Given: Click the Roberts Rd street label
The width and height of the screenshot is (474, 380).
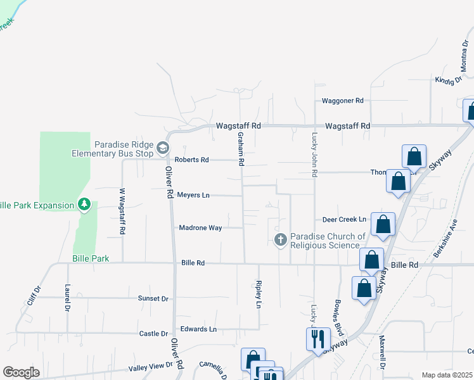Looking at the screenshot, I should (x=192, y=160).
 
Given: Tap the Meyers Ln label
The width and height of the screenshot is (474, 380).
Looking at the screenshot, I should (x=193, y=195).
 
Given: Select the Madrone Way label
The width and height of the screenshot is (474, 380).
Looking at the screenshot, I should (x=200, y=228).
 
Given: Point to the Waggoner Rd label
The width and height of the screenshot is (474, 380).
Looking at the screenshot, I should (x=342, y=101).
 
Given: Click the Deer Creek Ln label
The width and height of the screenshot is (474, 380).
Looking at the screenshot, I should (x=345, y=219).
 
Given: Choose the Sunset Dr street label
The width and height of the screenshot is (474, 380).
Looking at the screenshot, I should (x=153, y=298).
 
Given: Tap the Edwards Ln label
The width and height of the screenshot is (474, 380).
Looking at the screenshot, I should (x=198, y=329).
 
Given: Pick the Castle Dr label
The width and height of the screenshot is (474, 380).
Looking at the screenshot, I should (x=153, y=334).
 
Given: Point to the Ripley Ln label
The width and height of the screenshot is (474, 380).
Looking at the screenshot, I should (x=259, y=294).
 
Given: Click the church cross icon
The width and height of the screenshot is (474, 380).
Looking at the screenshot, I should (x=280, y=239).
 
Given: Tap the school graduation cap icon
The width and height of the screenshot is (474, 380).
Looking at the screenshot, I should (x=163, y=148).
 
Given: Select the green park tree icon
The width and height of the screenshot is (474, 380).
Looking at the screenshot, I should (x=84, y=204).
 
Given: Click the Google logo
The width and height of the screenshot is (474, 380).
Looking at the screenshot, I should (x=21, y=372).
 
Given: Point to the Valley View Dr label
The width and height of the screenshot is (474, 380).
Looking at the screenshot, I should (x=151, y=366).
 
